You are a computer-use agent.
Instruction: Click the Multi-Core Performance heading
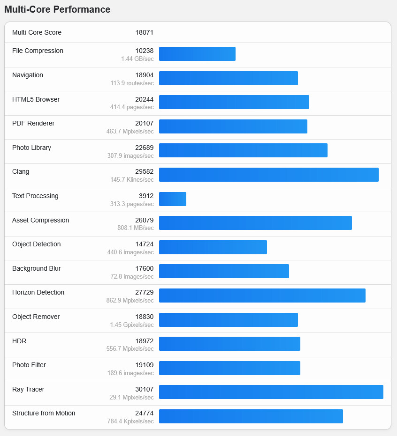point(57,10)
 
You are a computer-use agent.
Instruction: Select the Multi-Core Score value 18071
point(144,33)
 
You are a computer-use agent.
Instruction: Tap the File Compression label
point(38,51)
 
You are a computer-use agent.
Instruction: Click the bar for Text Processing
point(173,199)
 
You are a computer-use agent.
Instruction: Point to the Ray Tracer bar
point(271,392)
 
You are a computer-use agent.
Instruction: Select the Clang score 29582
point(144,172)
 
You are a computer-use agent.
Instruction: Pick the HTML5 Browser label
point(36,99)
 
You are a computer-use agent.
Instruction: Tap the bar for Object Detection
point(213,247)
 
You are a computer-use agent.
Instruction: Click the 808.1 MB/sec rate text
point(135,228)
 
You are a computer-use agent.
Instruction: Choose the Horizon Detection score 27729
point(144,293)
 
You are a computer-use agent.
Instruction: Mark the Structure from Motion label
point(44,413)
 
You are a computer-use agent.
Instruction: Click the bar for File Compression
point(197,54)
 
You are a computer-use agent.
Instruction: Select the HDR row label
point(19,341)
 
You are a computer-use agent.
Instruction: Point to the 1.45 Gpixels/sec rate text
point(132,325)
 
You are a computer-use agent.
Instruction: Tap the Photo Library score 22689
point(144,148)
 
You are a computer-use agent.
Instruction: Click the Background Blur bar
point(224,271)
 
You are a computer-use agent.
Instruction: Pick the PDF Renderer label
point(33,124)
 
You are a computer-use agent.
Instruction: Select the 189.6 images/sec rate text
point(130,373)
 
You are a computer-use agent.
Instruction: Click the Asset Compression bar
point(255,223)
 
